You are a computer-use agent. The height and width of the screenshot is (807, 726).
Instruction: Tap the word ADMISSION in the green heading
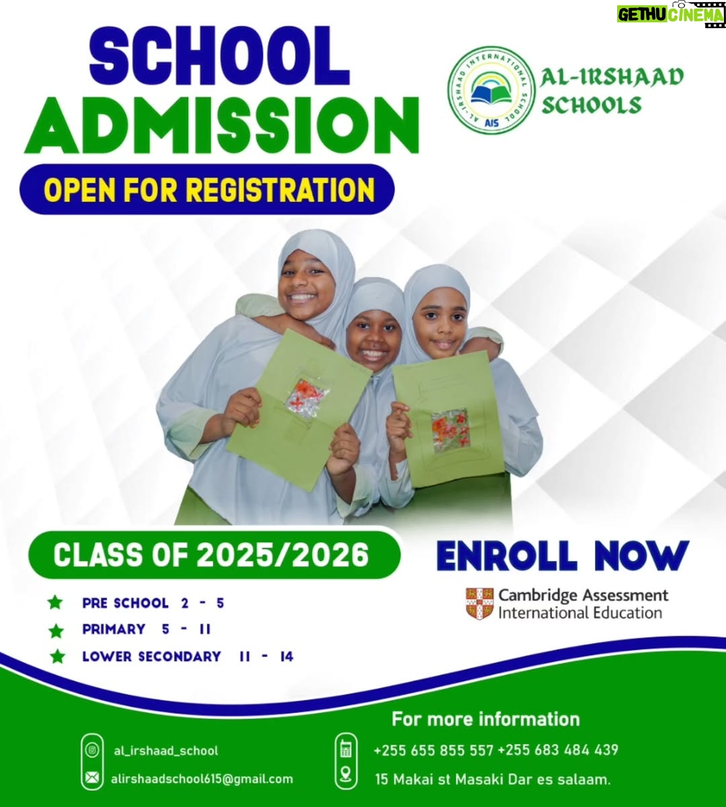221,125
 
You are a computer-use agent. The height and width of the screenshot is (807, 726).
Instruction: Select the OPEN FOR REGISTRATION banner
207,189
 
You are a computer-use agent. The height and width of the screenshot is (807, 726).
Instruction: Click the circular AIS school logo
491,90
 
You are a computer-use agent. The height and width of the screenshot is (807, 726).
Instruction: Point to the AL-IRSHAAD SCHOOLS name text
611,91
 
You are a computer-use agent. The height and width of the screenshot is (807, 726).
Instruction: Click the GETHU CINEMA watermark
670,14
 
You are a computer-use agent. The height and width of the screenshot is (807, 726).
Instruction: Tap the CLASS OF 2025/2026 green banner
214,555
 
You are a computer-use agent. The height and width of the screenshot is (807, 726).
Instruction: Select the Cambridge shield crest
479,604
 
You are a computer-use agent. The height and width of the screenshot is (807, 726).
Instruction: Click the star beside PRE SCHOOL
55,603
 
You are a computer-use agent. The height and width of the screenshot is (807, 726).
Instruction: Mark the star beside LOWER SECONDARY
58,656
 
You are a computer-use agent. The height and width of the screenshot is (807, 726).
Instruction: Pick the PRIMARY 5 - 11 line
147,629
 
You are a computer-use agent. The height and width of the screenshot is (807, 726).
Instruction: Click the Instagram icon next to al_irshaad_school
92,751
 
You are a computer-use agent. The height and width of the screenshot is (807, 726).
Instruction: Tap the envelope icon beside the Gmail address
92,779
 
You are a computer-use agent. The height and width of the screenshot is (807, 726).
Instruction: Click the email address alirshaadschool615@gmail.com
202,779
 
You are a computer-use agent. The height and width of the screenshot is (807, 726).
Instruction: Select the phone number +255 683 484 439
558,750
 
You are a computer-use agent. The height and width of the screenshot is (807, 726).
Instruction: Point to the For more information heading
485,719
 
